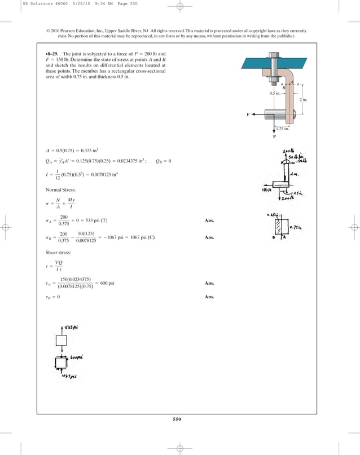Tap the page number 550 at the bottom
coord(179,418)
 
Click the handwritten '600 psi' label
coord(76,357)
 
